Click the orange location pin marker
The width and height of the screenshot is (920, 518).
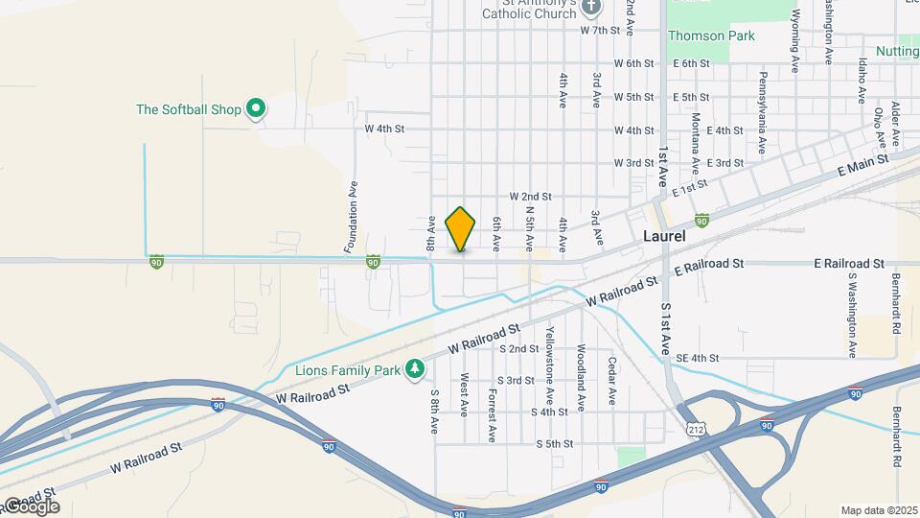pyautogui.click(x=461, y=229)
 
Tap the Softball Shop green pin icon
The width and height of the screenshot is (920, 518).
pyautogui.click(x=256, y=109)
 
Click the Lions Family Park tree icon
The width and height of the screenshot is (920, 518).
pyautogui.click(x=414, y=369)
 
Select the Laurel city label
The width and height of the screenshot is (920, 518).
pyautogui.click(x=664, y=235)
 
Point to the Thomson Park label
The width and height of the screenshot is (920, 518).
pyautogui.click(x=711, y=36)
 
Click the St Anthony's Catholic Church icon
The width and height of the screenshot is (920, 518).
pyautogui.click(x=591, y=8)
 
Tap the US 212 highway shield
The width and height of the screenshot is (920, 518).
pyautogui.click(x=696, y=431)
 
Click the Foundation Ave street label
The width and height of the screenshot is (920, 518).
pyautogui.click(x=351, y=218)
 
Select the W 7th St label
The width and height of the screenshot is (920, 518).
pyautogui.click(x=601, y=31)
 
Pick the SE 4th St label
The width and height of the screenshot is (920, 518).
pyautogui.click(x=697, y=359)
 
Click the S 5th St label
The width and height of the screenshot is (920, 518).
pyautogui.click(x=554, y=444)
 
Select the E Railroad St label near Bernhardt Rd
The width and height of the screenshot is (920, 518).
pyautogui.click(x=848, y=263)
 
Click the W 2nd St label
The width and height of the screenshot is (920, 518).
pyautogui.click(x=530, y=196)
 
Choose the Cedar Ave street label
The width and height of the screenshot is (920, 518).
pyautogui.click(x=610, y=379)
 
